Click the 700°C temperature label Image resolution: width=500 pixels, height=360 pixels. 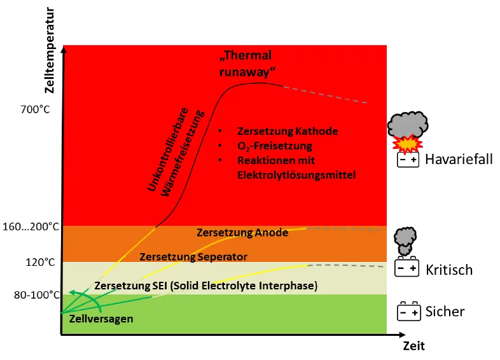click(36, 109)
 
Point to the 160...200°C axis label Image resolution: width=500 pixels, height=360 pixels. click(31, 226)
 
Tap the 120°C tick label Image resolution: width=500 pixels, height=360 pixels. click(41, 263)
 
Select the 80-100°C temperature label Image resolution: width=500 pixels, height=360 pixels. click(37, 295)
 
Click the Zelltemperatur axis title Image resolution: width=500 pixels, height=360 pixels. click(50, 50)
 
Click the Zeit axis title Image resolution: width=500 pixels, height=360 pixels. click(414, 346)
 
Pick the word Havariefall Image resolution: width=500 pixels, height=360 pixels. click(459, 159)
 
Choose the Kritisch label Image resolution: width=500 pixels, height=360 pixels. click(449, 270)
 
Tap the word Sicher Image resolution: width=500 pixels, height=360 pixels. click(445, 311)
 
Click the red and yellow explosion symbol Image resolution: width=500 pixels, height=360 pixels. click(408, 144)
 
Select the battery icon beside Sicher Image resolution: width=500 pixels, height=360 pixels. click(409, 311)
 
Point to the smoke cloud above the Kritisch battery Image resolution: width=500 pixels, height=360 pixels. click(405, 241)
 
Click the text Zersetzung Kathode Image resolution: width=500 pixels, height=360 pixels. click(288, 131)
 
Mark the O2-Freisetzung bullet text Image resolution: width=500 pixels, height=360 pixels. click(275, 146)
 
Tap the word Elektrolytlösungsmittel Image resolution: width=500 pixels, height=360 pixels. click(296, 175)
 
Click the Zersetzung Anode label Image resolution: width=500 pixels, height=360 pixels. click(242, 233)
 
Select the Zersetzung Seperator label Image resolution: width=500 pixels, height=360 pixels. click(193, 257)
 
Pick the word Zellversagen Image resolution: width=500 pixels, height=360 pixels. click(101, 319)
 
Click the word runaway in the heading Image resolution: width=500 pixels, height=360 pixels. click(247, 72)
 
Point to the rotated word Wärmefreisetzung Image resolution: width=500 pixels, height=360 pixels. click(182, 153)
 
